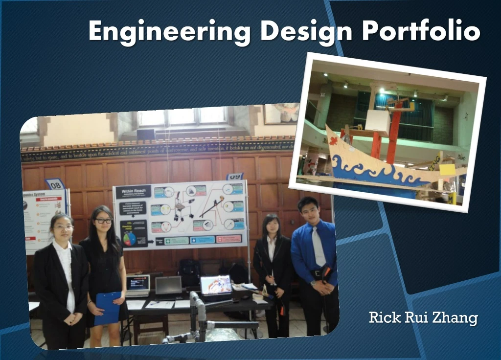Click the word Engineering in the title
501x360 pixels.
[169, 31]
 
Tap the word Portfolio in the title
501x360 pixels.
[421, 31]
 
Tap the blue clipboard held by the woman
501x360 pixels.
[107, 307]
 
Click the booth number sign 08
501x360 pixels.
[55, 184]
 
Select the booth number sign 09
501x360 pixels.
[235, 177]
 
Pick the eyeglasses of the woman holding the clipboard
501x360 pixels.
[104, 221]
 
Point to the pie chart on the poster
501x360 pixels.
[130, 239]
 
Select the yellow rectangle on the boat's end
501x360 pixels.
[447, 170]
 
